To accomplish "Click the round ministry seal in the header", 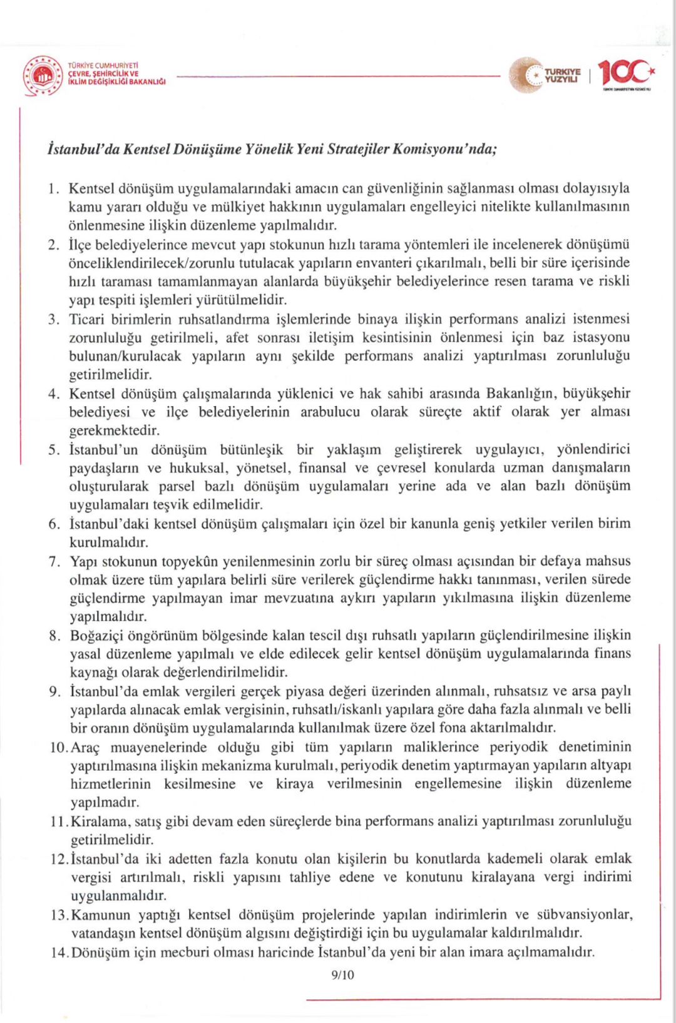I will [43, 76].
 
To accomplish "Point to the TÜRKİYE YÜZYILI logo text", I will [562, 75].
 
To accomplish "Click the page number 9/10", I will [342, 975].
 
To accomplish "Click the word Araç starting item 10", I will [85, 747].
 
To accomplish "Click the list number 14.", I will [59, 952].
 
